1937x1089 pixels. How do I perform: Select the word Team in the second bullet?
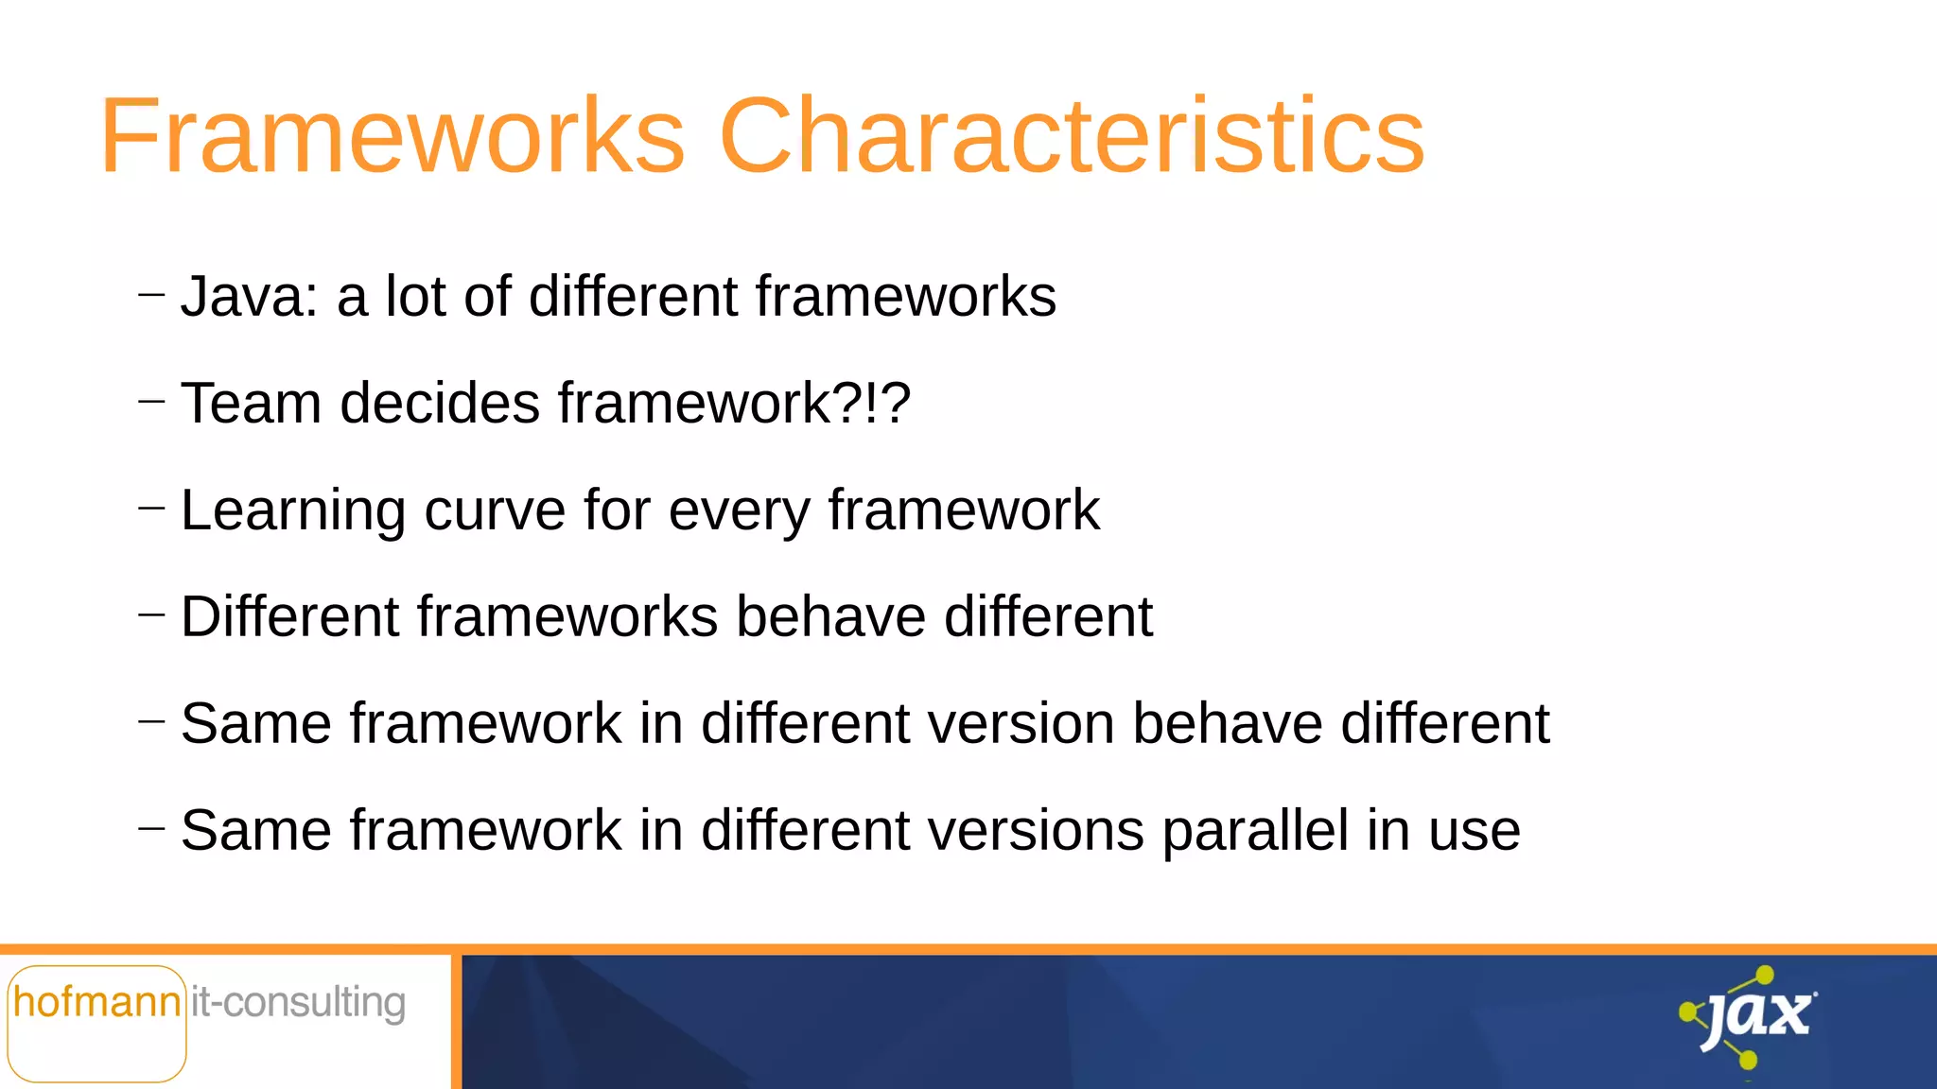251,403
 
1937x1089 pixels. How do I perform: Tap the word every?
739,510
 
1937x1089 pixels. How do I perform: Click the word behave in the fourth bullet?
831,616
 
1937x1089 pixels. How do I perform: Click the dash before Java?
151,295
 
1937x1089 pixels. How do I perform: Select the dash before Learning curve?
151,509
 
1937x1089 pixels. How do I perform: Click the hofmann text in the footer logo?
96,1002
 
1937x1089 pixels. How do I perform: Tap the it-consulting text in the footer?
298,1002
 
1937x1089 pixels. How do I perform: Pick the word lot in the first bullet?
415,296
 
